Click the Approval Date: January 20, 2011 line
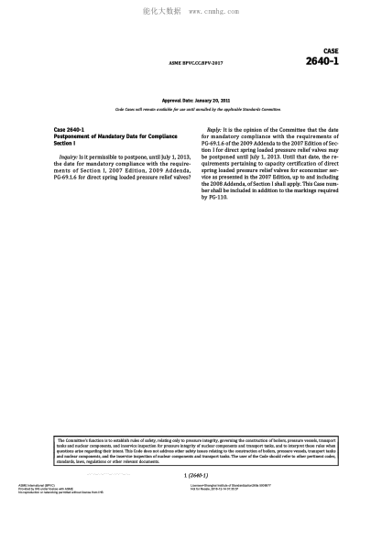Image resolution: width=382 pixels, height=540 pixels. pyautogui.click(x=191, y=99)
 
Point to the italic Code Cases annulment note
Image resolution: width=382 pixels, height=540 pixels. pyautogui.click(x=191, y=108)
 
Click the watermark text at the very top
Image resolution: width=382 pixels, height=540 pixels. pyautogui.click(x=191, y=14)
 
